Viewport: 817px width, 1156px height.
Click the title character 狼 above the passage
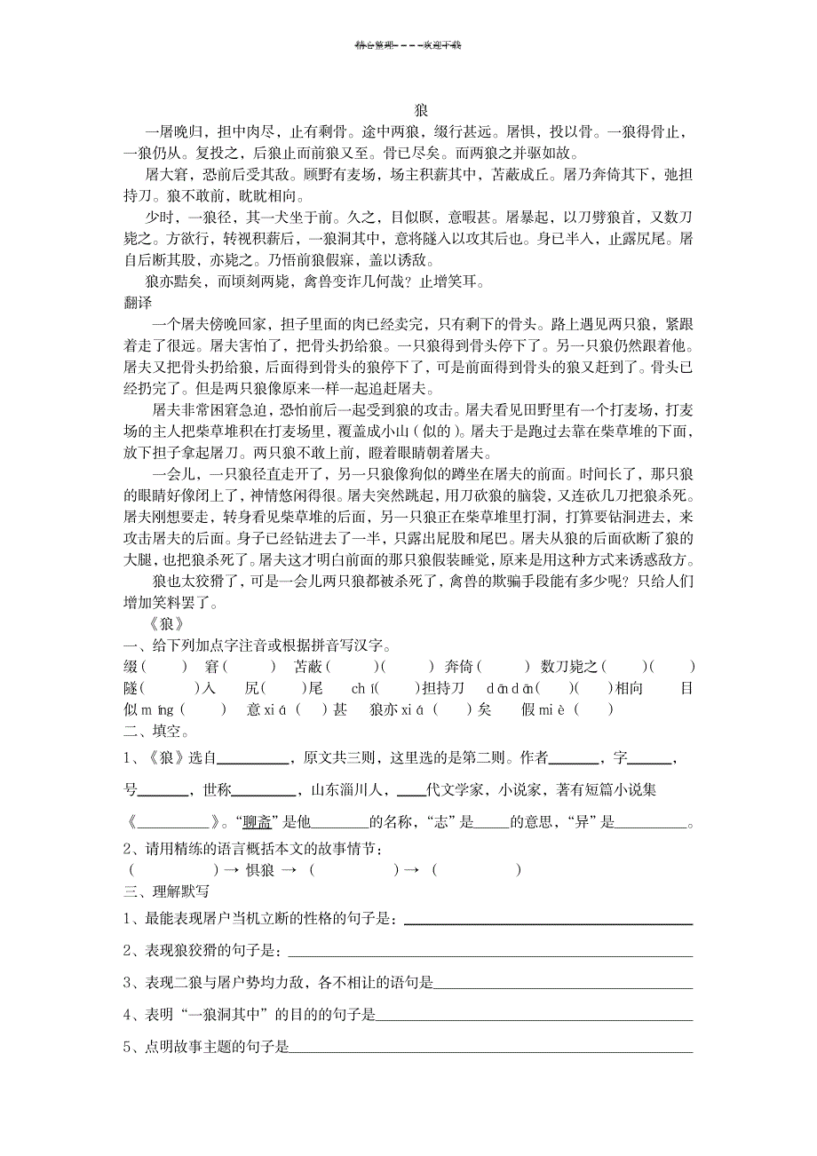tap(421, 111)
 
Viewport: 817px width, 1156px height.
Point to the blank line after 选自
tap(253, 759)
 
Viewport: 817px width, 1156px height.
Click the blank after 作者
tap(575, 759)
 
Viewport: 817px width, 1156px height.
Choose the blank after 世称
tap(264, 790)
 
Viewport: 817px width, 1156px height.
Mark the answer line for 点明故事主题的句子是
tap(492, 1049)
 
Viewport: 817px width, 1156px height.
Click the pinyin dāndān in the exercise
tap(511, 688)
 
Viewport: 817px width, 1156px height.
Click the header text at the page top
tap(408, 45)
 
